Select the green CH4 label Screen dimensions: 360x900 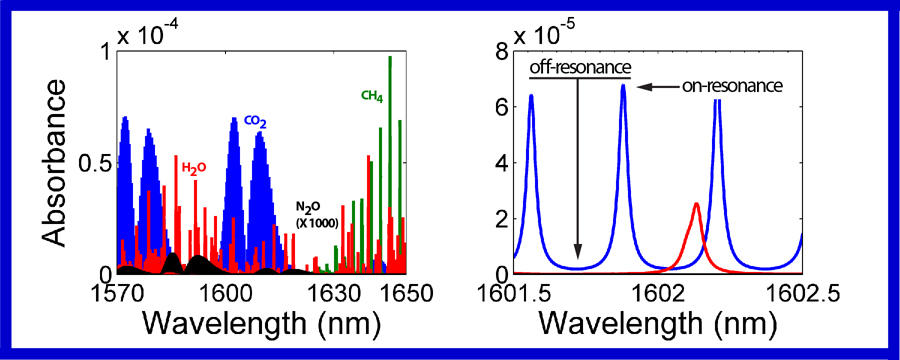pyautogui.click(x=372, y=97)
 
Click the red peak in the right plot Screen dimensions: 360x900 pyautogui.click(x=696, y=205)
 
